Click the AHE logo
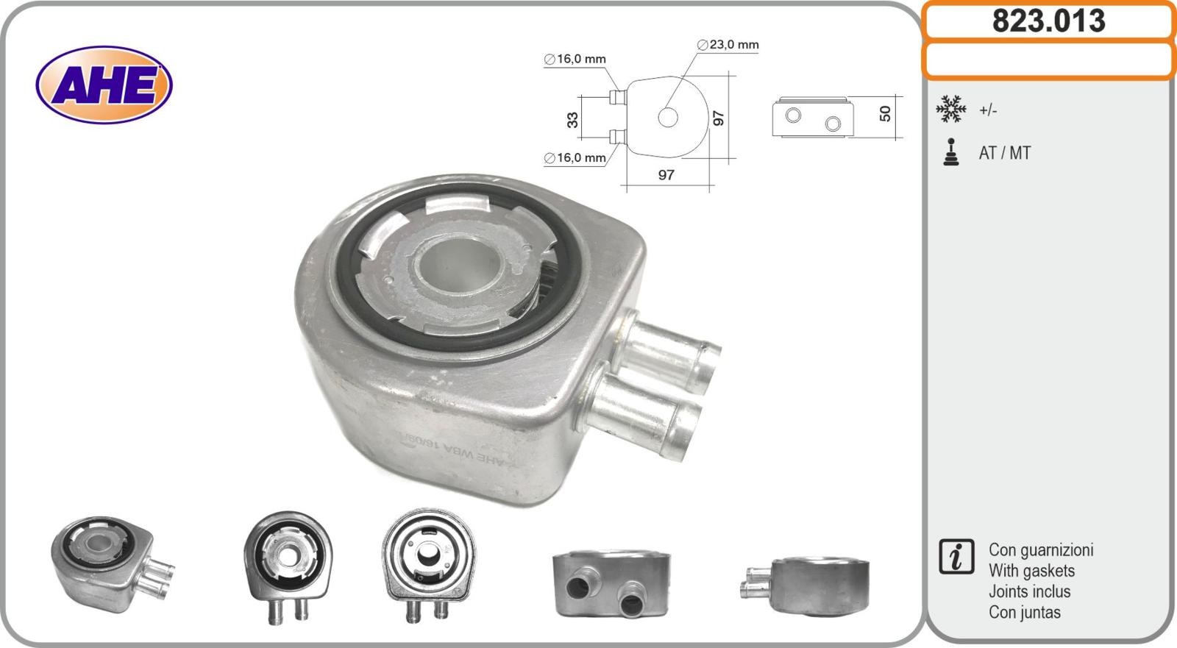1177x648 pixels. (x=104, y=85)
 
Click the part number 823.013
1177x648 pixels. (x=1048, y=21)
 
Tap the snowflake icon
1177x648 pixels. (x=950, y=109)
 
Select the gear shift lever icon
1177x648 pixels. (x=951, y=152)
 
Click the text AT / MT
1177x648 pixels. (x=1004, y=153)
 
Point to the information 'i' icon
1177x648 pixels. (x=956, y=556)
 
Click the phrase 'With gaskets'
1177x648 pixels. (x=1031, y=571)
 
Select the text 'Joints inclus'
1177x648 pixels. (x=1029, y=591)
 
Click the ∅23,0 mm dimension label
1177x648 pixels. (x=728, y=45)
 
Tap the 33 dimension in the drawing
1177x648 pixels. (x=572, y=119)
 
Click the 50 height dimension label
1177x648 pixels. (x=885, y=114)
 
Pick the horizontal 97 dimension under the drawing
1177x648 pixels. (x=666, y=175)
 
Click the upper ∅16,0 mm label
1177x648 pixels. (x=575, y=59)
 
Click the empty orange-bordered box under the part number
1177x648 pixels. (x=1048, y=60)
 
